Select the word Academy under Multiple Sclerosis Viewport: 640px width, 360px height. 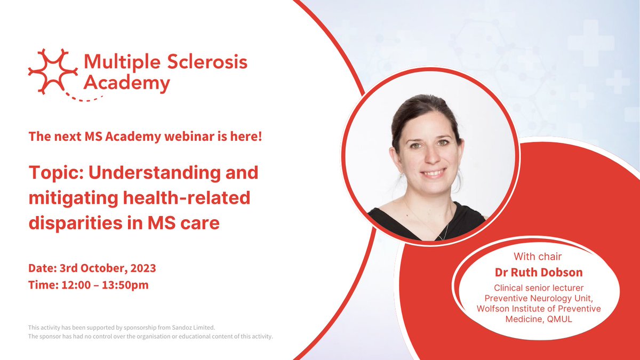127,83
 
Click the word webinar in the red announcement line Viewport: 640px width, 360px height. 177,137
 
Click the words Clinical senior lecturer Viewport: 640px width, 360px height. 540,288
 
